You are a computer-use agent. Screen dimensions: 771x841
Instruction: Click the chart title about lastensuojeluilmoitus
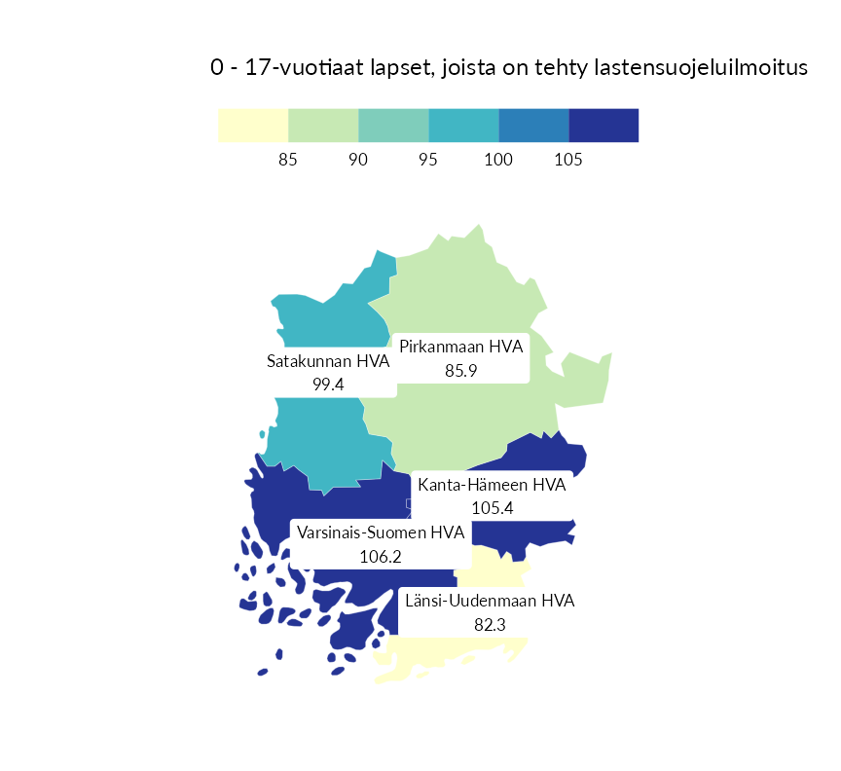click(x=509, y=68)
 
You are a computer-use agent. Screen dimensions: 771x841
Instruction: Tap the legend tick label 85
click(x=287, y=160)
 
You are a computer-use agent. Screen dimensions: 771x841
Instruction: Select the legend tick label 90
click(x=358, y=160)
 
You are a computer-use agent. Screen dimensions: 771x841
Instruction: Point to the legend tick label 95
click(x=428, y=160)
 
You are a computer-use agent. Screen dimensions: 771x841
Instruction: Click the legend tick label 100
click(x=498, y=160)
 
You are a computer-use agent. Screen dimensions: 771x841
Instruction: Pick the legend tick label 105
click(x=568, y=160)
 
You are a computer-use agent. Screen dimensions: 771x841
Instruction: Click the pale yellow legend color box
click(x=253, y=126)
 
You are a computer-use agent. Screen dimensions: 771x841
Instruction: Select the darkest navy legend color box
click(x=603, y=126)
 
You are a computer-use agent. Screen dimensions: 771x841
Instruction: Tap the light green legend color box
click(x=323, y=126)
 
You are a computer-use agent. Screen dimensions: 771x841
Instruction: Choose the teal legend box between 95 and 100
click(x=463, y=126)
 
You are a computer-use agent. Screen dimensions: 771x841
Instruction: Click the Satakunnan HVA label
click(x=328, y=362)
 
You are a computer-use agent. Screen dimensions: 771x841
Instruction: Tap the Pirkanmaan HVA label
click(x=461, y=348)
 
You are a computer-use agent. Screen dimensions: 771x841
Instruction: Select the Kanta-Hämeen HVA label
click(x=492, y=485)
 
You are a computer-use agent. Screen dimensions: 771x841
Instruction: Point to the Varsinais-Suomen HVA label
click(x=380, y=533)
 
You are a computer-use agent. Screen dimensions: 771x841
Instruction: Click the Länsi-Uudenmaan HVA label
click(x=490, y=601)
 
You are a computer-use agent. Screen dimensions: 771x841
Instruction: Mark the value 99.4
click(x=328, y=385)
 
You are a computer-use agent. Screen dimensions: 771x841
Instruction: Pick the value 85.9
click(x=460, y=371)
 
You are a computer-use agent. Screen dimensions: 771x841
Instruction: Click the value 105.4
click(x=492, y=507)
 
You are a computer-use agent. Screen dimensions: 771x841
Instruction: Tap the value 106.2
click(x=380, y=557)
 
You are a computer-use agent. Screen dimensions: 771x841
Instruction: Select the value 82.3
click(x=490, y=624)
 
